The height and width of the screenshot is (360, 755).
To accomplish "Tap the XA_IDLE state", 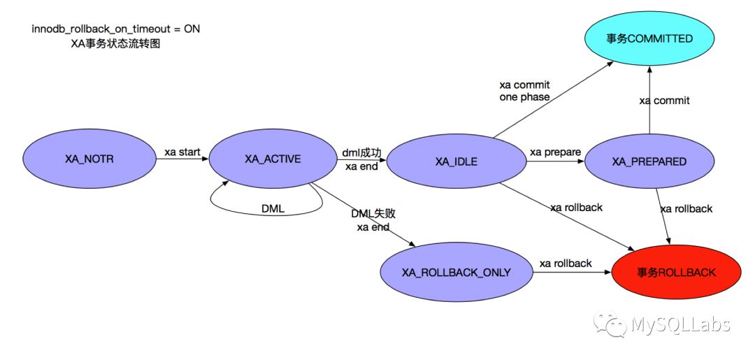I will (456, 161).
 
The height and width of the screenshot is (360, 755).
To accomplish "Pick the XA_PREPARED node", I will (649, 161).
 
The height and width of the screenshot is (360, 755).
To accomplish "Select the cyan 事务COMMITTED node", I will (649, 39).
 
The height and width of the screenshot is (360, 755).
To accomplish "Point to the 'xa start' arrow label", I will (182, 151).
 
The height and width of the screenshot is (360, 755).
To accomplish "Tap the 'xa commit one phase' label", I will (524, 91).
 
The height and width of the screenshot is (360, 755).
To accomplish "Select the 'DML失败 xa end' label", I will (377, 219).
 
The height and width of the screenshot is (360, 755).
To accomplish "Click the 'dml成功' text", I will (362, 152).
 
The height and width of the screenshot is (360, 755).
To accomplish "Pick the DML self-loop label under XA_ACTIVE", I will (273, 209).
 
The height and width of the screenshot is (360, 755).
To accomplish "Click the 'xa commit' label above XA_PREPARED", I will (664, 100).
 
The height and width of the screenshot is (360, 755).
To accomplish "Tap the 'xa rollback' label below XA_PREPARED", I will (686, 208).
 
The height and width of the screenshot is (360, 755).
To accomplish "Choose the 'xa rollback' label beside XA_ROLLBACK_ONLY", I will (566, 263).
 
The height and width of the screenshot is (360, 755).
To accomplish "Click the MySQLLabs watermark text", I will (680, 324).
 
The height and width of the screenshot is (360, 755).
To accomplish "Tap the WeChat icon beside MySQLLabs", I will (610, 324).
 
